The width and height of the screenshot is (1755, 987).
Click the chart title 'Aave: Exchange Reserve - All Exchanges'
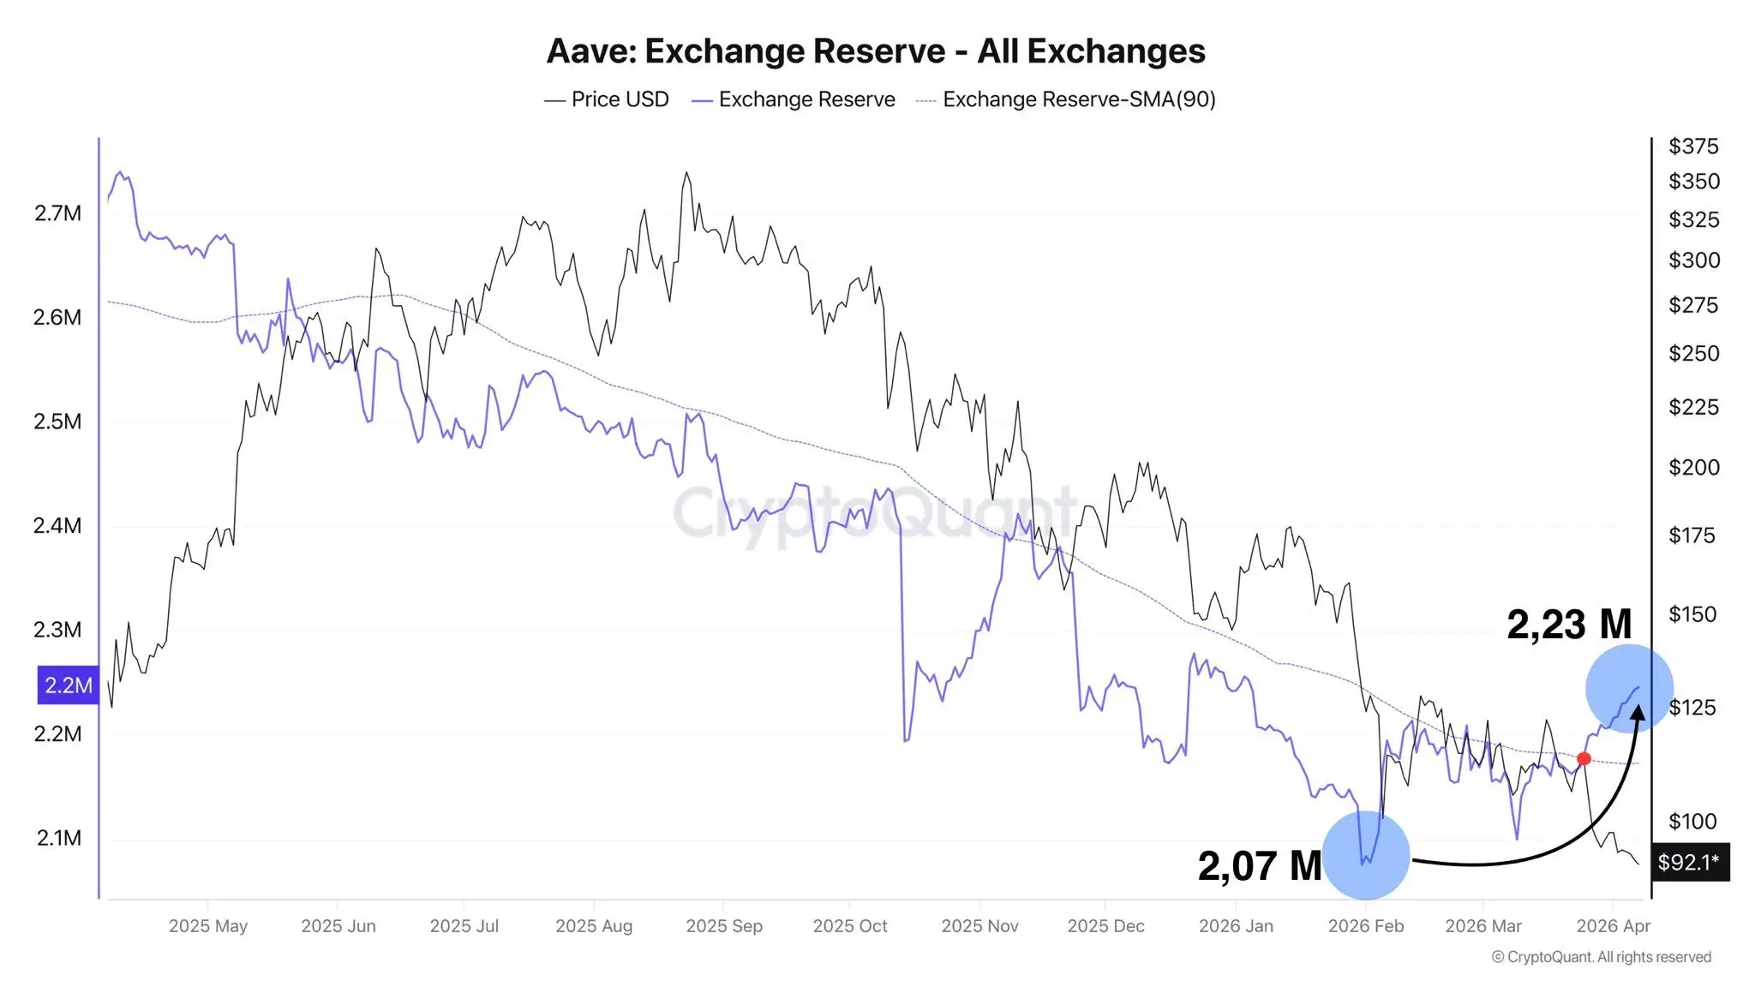876,51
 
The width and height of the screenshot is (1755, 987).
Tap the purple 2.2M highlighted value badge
68,685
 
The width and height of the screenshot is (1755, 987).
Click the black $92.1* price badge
1689,862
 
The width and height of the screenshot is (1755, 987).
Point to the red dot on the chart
1584,758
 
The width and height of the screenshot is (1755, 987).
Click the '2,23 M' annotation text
1568,624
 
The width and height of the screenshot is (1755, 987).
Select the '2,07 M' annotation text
1259,865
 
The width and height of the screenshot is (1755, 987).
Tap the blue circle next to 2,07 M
1366,855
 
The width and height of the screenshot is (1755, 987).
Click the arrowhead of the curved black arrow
1638,713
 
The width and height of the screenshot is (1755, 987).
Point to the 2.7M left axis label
57,213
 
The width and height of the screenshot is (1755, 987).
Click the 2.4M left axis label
57,525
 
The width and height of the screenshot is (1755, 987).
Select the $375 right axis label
1692,147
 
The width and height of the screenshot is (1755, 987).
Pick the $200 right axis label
1693,467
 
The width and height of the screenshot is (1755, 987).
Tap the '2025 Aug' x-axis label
594,926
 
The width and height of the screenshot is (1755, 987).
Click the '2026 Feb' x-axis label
1366,926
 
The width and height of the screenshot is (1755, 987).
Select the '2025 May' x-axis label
207,926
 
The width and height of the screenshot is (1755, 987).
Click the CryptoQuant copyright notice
1601,957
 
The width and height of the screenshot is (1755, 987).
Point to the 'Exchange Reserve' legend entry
806,99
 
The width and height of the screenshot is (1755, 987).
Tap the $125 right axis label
1692,707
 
